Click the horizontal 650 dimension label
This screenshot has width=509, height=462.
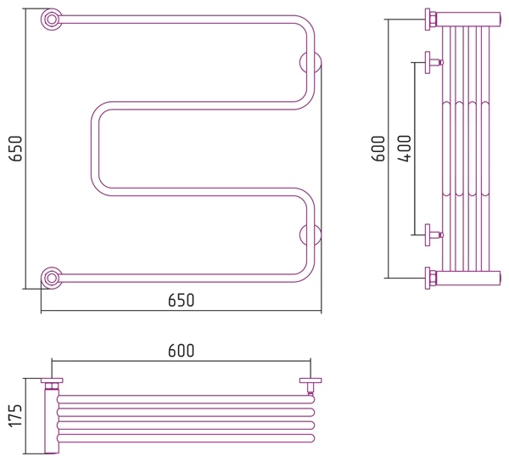(x=181, y=300)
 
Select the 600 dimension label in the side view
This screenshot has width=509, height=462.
(x=379, y=148)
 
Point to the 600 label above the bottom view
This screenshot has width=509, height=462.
(x=181, y=350)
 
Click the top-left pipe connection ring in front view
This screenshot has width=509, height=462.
(x=53, y=19)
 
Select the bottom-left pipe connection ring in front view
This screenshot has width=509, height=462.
(x=53, y=276)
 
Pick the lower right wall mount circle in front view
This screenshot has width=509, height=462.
(x=310, y=234)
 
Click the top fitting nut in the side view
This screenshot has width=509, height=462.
(x=431, y=18)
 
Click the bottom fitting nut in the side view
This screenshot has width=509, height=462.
(x=431, y=277)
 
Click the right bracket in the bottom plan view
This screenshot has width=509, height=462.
(x=310, y=383)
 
